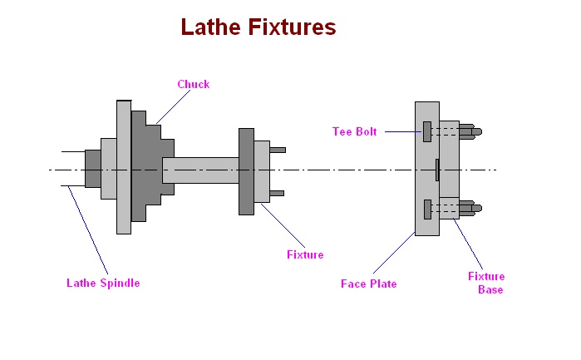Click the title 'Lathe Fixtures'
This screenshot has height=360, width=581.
coord(258,27)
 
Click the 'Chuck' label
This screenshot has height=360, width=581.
coord(193,84)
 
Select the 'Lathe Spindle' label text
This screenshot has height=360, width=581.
coord(103,283)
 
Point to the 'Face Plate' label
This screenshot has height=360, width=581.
coord(368,284)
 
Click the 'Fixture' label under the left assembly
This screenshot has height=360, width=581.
coord(303,254)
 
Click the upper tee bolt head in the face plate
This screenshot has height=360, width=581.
coord(426,131)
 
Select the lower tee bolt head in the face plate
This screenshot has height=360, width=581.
coord(426,210)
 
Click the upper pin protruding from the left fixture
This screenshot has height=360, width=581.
coord(277,150)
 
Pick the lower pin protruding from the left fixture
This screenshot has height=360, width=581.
coord(277,193)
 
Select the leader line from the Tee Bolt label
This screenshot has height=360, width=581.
coord(403,131)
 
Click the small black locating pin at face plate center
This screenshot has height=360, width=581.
coord(436,169)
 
